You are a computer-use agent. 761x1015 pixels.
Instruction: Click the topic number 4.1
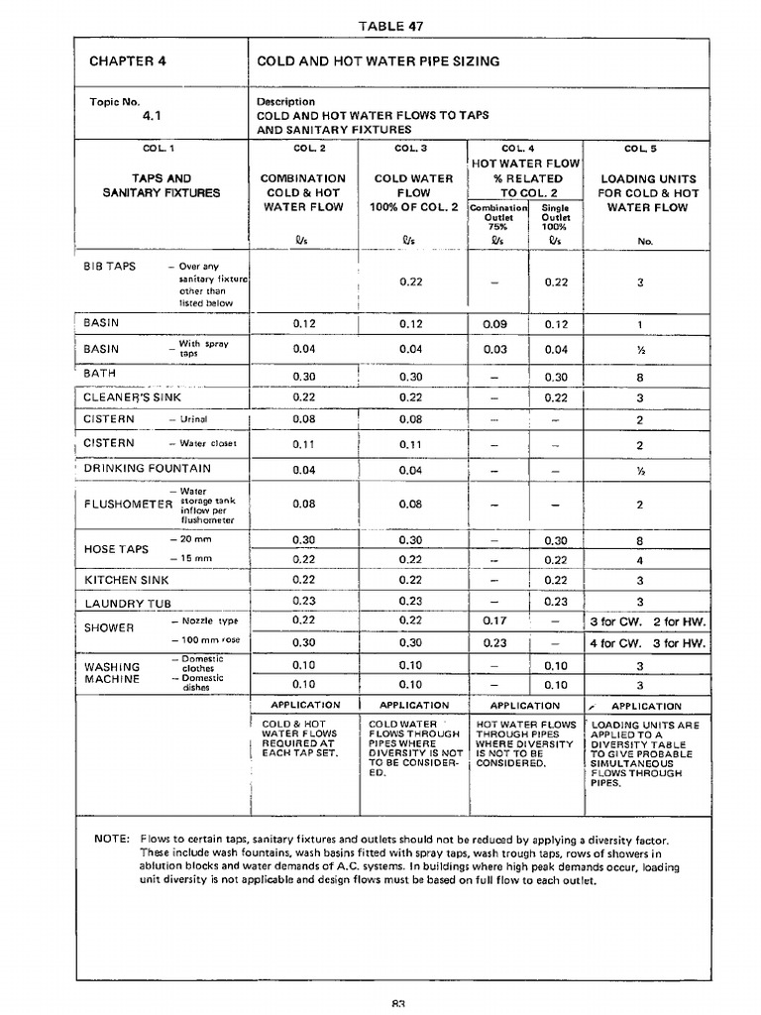pos(152,115)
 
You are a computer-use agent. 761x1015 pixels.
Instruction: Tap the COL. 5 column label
pos(640,149)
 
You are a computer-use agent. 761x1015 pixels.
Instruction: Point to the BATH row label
pos(100,374)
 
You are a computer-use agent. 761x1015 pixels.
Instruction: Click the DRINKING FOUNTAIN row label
pos(148,468)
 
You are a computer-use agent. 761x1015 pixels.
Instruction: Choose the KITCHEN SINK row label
pos(127,580)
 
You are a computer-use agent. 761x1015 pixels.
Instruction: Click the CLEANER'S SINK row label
pos(133,397)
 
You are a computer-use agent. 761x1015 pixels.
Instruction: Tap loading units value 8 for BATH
pos(640,377)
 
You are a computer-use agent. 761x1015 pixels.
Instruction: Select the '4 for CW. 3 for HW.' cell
pos(647,643)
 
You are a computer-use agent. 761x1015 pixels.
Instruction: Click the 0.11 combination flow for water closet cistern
pos(304,445)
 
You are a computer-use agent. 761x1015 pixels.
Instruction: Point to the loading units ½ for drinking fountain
pos(640,471)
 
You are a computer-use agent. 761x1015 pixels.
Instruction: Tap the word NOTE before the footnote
pos(111,839)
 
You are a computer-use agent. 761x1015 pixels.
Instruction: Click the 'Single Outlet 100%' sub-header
pos(555,217)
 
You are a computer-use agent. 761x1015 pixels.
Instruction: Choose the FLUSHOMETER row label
pos(128,504)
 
